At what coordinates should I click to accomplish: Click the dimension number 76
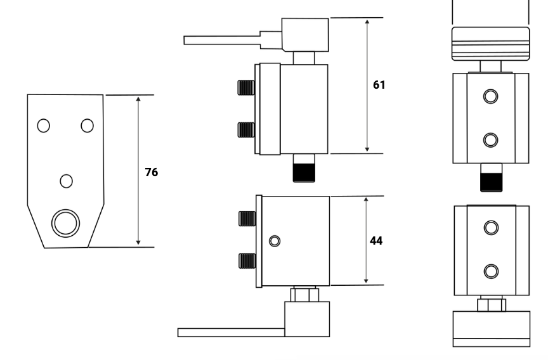[x=151, y=172]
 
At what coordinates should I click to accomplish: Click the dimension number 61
[x=379, y=84]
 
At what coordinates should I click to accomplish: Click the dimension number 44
[x=376, y=241]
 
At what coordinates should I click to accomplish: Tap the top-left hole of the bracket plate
[x=43, y=125]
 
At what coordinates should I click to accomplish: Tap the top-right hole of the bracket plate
[x=88, y=125]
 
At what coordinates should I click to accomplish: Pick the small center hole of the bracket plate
[x=66, y=181]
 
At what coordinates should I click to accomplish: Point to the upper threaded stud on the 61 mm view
[x=245, y=88]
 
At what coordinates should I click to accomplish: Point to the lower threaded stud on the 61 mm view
[x=245, y=130]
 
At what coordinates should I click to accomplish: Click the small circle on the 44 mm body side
[x=274, y=241]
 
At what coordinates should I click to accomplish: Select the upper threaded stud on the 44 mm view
[x=247, y=219]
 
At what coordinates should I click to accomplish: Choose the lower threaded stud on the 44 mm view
[x=247, y=260]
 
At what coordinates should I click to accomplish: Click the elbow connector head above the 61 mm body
[x=306, y=34]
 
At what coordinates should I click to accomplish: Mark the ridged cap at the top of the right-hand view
[x=490, y=44]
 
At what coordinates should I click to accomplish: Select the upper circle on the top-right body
[x=490, y=96]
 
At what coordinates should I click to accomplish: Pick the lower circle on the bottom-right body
[x=490, y=271]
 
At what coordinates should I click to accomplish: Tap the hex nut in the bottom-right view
[x=491, y=305]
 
